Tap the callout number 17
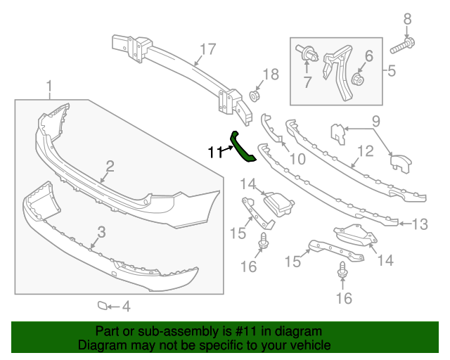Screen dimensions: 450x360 (x=207, y=49)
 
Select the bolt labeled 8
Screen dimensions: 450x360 (x=402, y=46)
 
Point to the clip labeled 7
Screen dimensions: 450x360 (x=307, y=55)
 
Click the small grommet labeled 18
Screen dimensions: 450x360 (x=254, y=96)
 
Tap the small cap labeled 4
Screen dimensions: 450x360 (x=103, y=305)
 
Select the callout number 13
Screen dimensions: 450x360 (x=420, y=224)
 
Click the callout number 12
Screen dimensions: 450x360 (x=366, y=151)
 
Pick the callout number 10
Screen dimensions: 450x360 (x=297, y=159)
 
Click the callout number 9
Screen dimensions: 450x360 (x=375, y=121)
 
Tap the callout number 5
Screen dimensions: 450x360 (x=392, y=70)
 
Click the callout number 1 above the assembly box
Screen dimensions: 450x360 (x=49, y=86)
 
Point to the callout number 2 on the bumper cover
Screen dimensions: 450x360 (x=110, y=166)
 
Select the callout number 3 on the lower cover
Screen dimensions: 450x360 (x=101, y=232)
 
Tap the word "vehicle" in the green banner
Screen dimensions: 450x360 (x=312, y=345)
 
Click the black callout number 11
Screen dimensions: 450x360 (x=215, y=152)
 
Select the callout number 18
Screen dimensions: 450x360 (x=271, y=75)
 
